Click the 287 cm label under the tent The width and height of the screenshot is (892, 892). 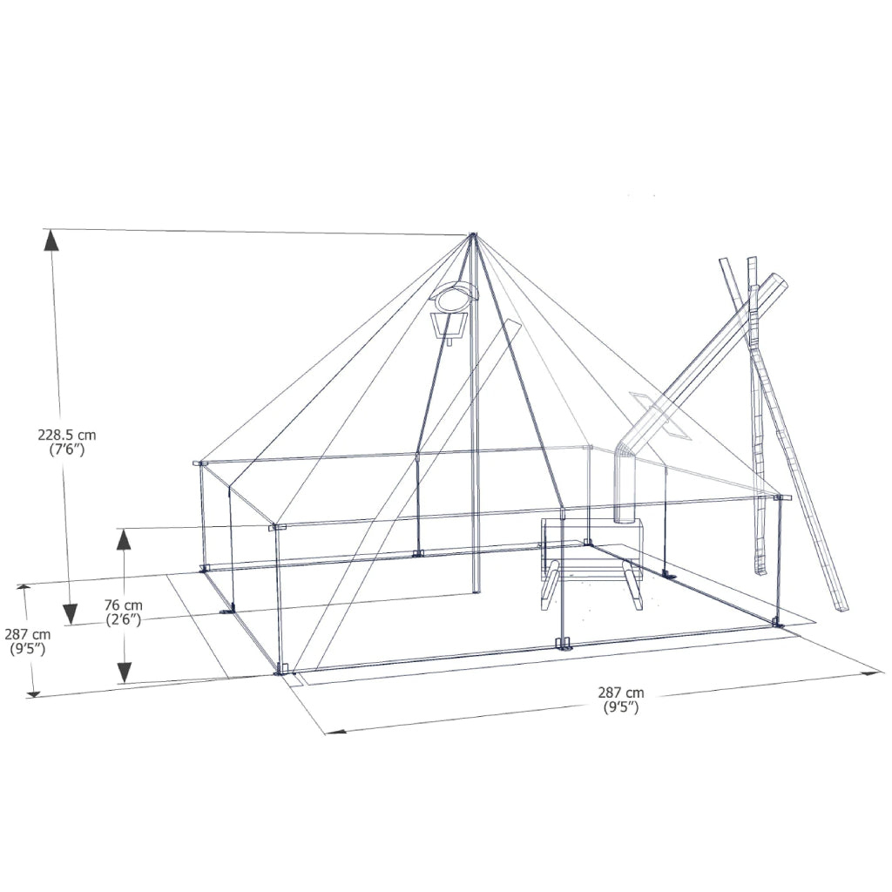pyautogui.click(x=621, y=693)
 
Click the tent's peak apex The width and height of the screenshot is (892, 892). pyautogui.click(x=473, y=236)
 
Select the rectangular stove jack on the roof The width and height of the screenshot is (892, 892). pyautogui.click(x=662, y=415)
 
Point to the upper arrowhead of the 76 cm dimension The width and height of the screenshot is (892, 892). pyautogui.click(x=125, y=539)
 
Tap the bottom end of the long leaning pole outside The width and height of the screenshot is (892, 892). pyautogui.click(x=840, y=607)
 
